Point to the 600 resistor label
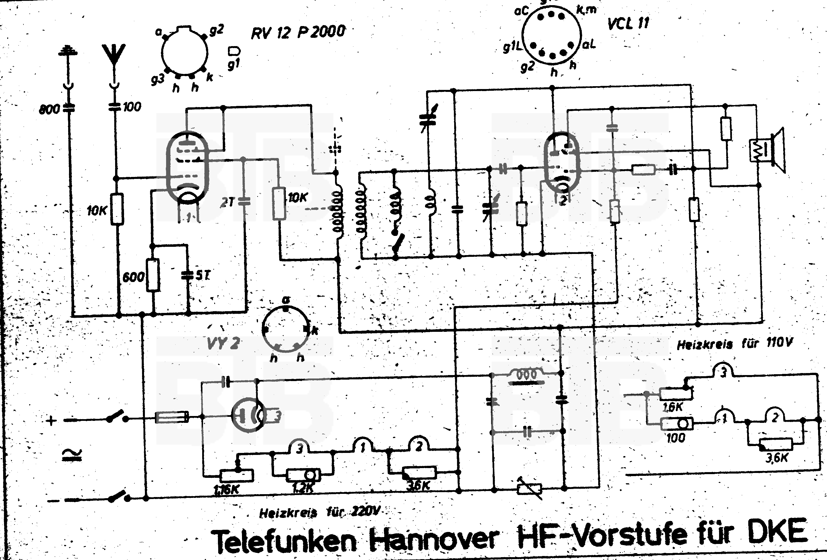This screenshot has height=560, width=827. (133, 277)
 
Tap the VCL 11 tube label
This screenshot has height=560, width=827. (628, 23)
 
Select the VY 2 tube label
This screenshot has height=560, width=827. (223, 343)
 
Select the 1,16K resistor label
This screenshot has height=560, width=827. (227, 490)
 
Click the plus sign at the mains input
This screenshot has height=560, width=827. (52, 421)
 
